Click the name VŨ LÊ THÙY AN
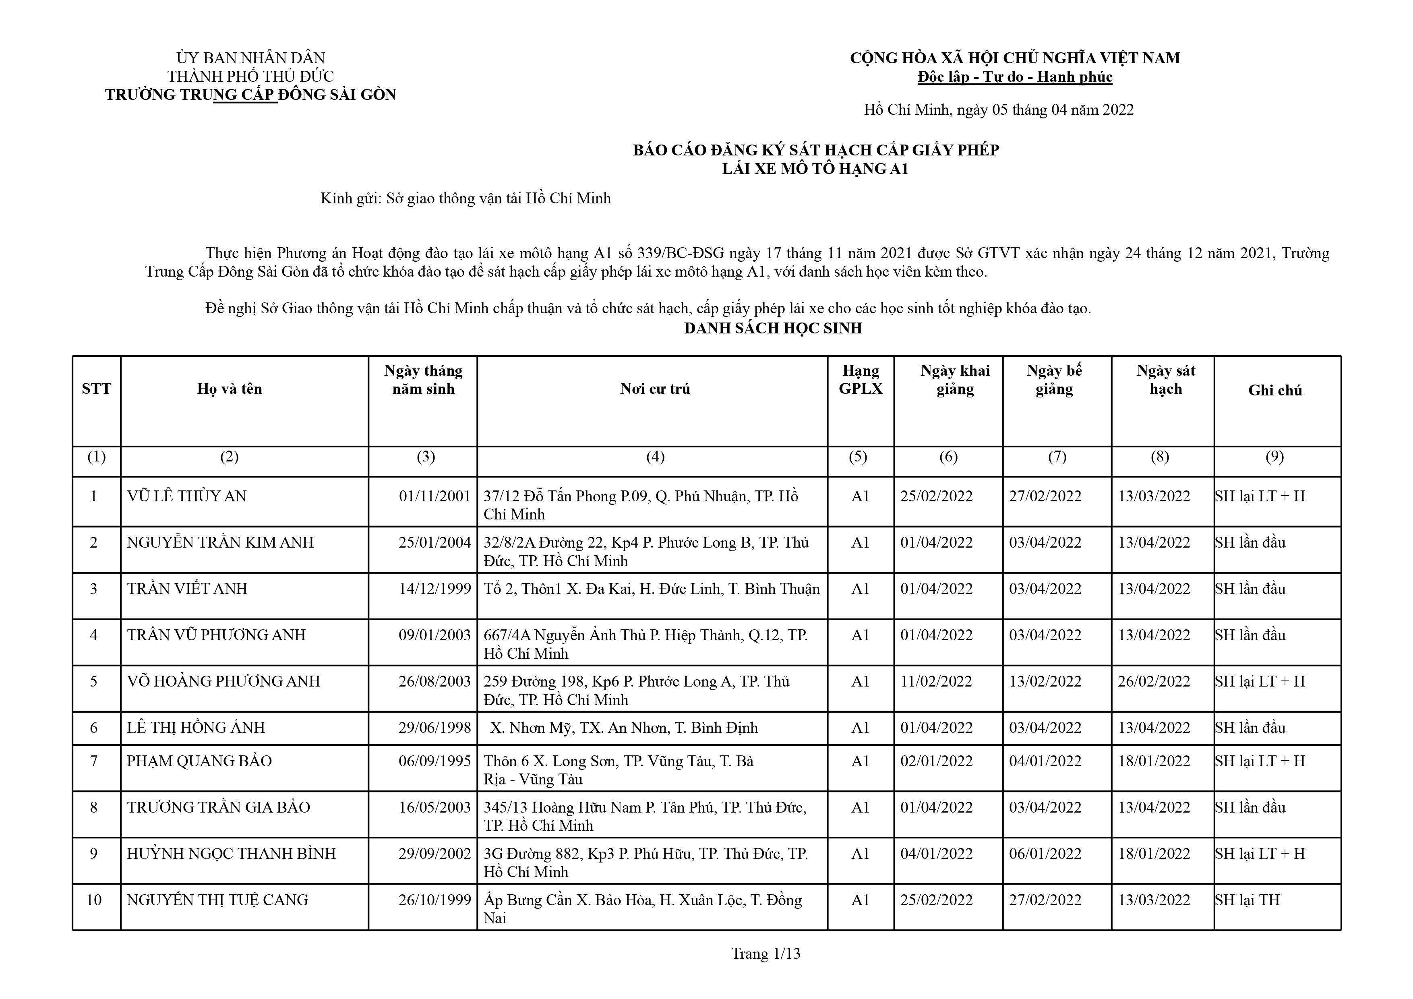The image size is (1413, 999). click(x=186, y=496)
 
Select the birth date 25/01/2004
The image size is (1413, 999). click(x=434, y=542)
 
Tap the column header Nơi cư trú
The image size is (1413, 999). click(x=655, y=389)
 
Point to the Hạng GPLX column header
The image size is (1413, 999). click(x=861, y=380)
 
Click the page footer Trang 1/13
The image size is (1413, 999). click(x=765, y=954)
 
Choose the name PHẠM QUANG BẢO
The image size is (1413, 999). click(x=199, y=761)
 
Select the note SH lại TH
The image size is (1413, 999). click(x=1247, y=900)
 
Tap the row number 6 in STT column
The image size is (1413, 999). click(x=93, y=728)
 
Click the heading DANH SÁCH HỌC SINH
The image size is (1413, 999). click(x=773, y=329)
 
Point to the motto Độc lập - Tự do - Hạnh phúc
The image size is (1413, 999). click(x=1015, y=77)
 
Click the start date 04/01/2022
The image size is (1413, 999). click(x=937, y=854)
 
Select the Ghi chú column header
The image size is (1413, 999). click(x=1275, y=390)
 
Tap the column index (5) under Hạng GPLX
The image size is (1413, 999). click(x=858, y=457)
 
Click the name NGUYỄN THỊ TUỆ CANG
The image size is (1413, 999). click(x=217, y=900)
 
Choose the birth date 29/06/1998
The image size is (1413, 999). click(x=434, y=728)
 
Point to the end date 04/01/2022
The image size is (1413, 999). click(x=1045, y=761)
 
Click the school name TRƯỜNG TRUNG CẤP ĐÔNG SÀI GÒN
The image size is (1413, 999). click(x=250, y=95)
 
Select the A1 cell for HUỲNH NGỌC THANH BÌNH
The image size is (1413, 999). click(x=861, y=854)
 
